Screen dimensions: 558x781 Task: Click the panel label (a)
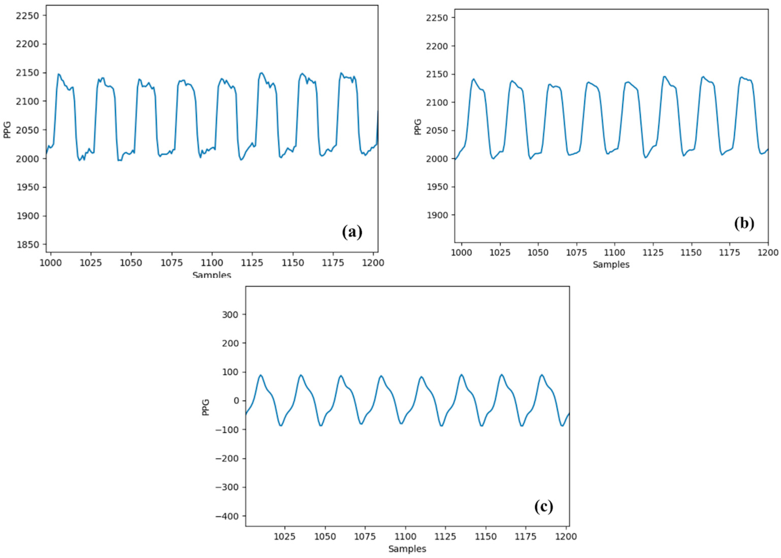click(x=352, y=232)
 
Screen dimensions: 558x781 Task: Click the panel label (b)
click(x=744, y=224)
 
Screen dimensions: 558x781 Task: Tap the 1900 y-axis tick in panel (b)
click(x=437, y=215)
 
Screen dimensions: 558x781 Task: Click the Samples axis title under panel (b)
click(x=611, y=265)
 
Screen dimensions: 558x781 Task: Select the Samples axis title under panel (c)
click(x=407, y=549)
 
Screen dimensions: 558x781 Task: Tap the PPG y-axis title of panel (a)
click(x=7, y=130)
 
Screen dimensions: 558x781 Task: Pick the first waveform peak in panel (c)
click(x=261, y=375)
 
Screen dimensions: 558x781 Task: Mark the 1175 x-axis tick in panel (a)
click(x=333, y=263)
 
